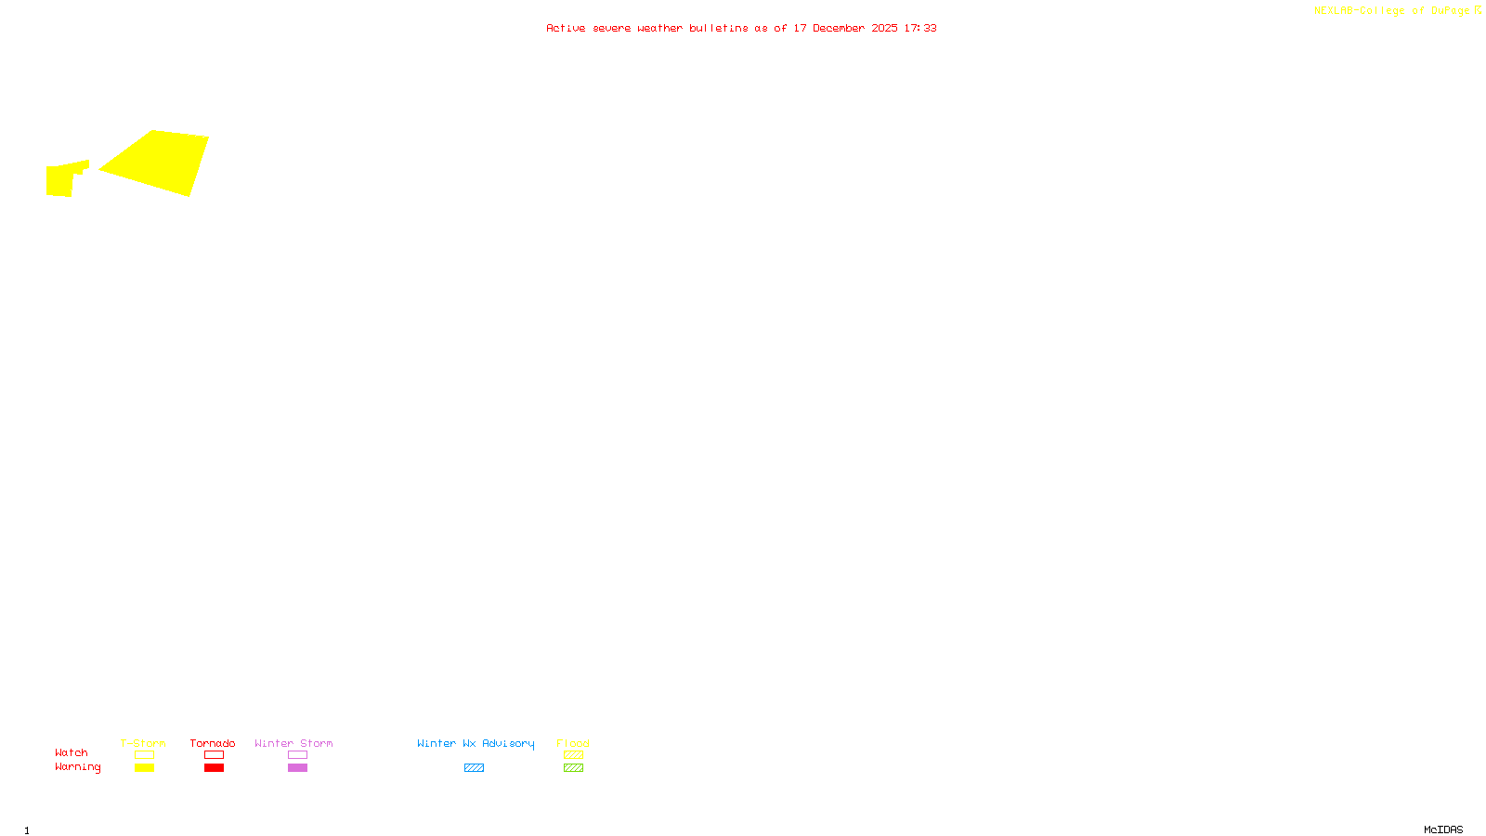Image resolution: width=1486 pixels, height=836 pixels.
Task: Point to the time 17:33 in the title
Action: pyautogui.click(x=920, y=29)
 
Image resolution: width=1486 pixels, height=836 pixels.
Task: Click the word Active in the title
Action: pyautogui.click(x=566, y=29)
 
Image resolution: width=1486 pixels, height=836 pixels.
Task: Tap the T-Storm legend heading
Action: pyautogui.click(x=143, y=743)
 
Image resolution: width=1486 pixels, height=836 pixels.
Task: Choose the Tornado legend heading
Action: pyautogui.click(x=213, y=743)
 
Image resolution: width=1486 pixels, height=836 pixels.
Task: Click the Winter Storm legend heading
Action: pyautogui.click(x=293, y=743)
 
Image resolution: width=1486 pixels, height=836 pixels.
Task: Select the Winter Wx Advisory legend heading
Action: pyautogui.click(x=476, y=743)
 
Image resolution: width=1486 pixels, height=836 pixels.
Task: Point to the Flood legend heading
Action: pyautogui.click(x=573, y=743)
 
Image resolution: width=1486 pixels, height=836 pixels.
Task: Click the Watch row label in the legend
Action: pyautogui.click(x=72, y=753)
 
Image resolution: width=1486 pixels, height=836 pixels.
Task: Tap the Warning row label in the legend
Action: pyautogui.click(x=78, y=767)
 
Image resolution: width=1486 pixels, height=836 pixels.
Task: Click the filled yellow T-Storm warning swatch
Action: pyautogui.click(x=144, y=768)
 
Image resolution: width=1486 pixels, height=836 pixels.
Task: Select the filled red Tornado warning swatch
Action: pyautogui.click(x=214, y=768)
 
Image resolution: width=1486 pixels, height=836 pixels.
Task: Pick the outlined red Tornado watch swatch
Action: pyautogui.click(x=214, y=755)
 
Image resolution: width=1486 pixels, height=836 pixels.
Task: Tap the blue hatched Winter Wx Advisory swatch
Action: pyautogui.click(x=474, y=768)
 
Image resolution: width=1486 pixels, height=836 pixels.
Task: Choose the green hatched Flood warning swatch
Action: pyautogui.click(x=573, y=768)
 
